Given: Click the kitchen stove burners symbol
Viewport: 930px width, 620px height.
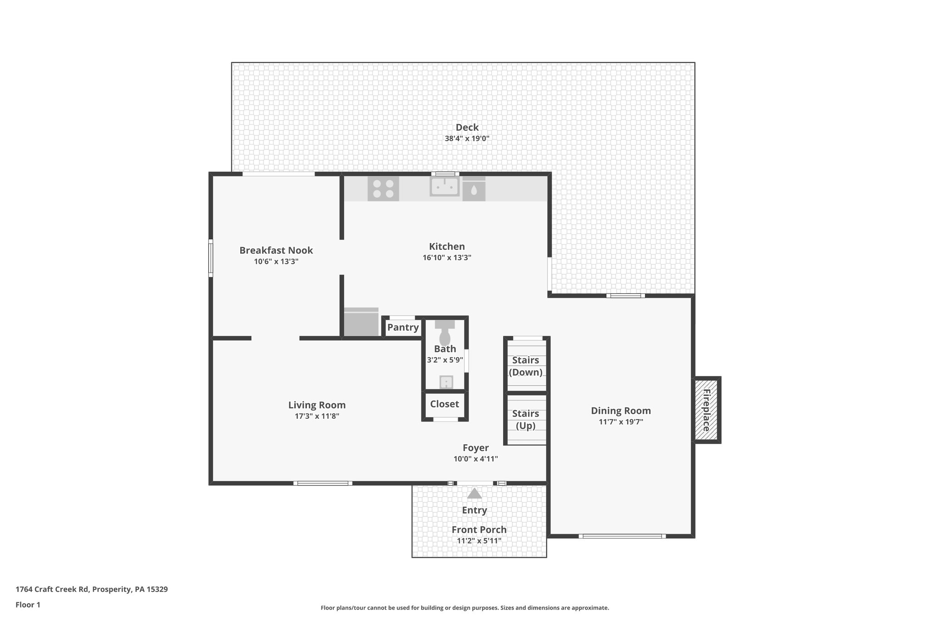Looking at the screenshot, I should point(383,189).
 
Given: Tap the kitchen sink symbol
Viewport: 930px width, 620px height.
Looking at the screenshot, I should point(445,187).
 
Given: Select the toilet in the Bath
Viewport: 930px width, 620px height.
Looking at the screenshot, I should point(445,335).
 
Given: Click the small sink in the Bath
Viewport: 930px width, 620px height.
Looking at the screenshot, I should point(446,382).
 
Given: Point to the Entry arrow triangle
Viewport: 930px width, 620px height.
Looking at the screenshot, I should point(474,493).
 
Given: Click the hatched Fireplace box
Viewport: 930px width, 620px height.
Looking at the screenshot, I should point(706,410).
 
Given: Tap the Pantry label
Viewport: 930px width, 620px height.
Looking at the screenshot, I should point(403,327).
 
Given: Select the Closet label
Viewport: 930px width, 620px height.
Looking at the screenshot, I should point(445,404).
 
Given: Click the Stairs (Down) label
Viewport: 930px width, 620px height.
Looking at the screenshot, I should point(525,366).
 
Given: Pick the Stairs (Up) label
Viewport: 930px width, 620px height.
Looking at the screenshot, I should point(525,420).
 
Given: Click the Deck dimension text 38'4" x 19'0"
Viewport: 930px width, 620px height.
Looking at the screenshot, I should point(467,139).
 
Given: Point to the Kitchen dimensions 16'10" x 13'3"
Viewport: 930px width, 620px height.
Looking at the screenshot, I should point(447,258).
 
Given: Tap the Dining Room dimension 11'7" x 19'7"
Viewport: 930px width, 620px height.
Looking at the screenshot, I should point(621,422).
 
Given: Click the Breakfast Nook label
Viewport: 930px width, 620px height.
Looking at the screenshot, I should point(276,250).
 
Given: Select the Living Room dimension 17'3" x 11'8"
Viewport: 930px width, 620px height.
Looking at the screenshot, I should point(317,416).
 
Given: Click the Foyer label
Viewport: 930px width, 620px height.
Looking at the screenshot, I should point(475,448).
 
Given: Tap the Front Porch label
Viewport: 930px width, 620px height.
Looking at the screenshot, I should point(479,530).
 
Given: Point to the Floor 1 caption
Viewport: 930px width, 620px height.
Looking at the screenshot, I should point(28,605).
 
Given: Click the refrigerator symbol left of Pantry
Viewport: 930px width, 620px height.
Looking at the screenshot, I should point(361,322).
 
